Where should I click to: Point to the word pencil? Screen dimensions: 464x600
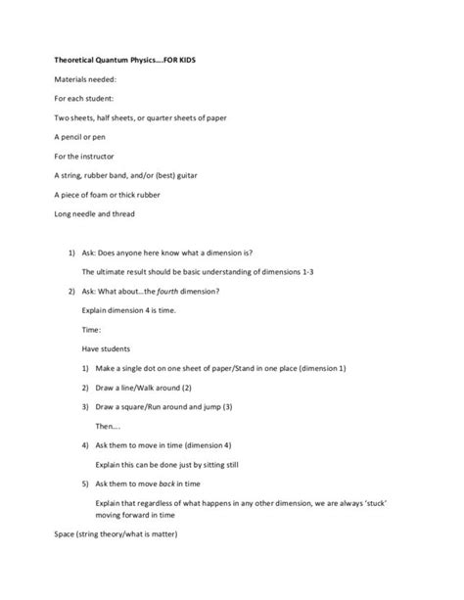[80, 136]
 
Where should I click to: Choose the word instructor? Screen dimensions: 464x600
[106, 156]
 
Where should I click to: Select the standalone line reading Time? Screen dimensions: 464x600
[92, 329]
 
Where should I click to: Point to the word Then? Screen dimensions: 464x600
[106, 425]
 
